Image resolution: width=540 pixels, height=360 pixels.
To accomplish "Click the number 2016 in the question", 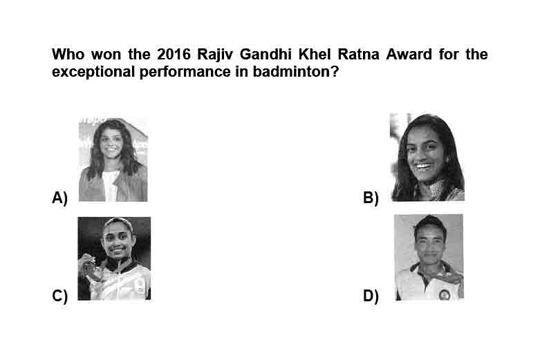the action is point(174,54).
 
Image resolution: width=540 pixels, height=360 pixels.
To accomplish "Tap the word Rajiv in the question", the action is point(215,55).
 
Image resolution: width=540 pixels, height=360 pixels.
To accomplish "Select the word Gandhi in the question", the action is point(266,54).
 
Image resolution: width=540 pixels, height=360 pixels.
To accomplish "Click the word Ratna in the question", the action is point(358,54).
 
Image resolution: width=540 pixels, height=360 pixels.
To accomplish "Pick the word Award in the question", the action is point(409,54).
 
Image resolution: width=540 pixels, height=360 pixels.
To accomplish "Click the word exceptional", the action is point(93,73).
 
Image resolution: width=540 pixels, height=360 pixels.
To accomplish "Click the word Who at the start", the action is point(68,54).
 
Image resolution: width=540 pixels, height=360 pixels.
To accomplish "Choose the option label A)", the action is point(59,198).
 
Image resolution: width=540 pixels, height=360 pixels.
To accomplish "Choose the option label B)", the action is point(371,198).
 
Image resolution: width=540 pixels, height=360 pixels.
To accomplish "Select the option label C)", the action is point(59,296).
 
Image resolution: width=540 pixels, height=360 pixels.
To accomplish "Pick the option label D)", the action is point(371,296).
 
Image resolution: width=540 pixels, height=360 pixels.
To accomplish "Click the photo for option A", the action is point(113,160).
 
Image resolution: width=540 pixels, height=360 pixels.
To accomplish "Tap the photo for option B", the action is point(427,157).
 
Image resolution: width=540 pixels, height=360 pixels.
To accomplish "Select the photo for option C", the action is point(114,258).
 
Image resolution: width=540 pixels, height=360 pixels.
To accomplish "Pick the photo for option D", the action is point(429,257).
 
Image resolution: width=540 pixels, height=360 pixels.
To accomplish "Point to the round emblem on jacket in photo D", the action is point(444,295).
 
